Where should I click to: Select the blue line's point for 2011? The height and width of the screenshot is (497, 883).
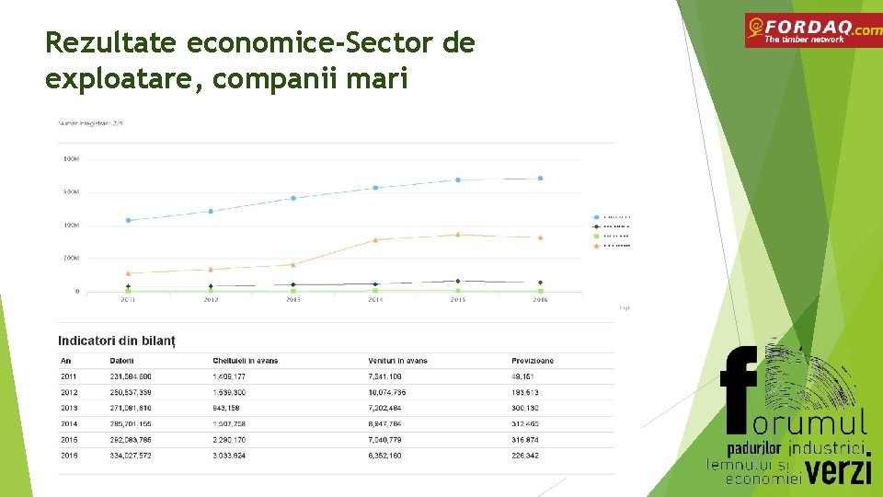click(128, 221)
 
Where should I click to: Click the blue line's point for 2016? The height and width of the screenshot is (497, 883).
click(540, 179)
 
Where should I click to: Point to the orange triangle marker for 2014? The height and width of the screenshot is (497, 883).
click(375, 239)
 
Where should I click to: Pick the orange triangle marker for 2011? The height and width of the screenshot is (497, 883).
click(128, 273)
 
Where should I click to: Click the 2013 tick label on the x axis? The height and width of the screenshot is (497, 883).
click(292, 300)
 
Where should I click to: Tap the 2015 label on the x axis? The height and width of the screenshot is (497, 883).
click(457, 300)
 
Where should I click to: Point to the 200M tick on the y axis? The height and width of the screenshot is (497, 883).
click(71, 259)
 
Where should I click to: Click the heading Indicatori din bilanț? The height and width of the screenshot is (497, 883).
click(116, 341)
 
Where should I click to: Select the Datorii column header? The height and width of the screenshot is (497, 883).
click(121, 361)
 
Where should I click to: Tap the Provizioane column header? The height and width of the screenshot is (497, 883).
click(533, 361)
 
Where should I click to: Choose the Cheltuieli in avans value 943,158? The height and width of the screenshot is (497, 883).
click(226, 408)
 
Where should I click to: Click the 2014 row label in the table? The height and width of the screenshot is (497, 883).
click(69, 423)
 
